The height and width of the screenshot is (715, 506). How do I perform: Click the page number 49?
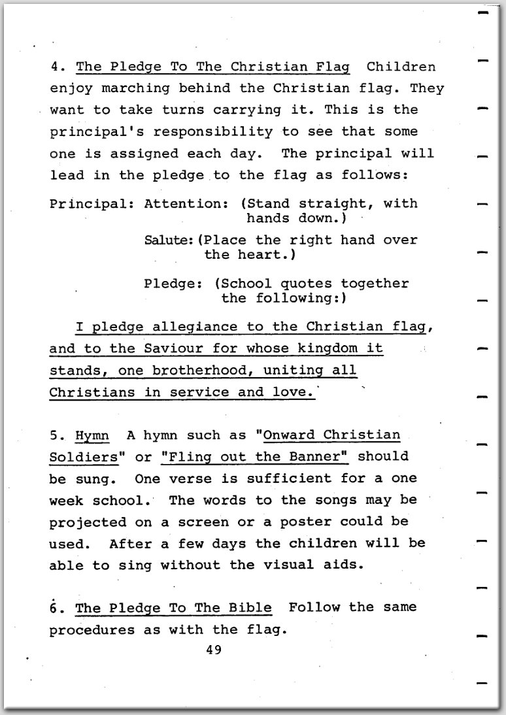tap(214, 650)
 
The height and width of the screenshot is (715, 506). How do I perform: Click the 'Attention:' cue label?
tap(182, 203)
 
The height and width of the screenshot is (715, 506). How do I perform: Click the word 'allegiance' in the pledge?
tap(195, 326)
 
